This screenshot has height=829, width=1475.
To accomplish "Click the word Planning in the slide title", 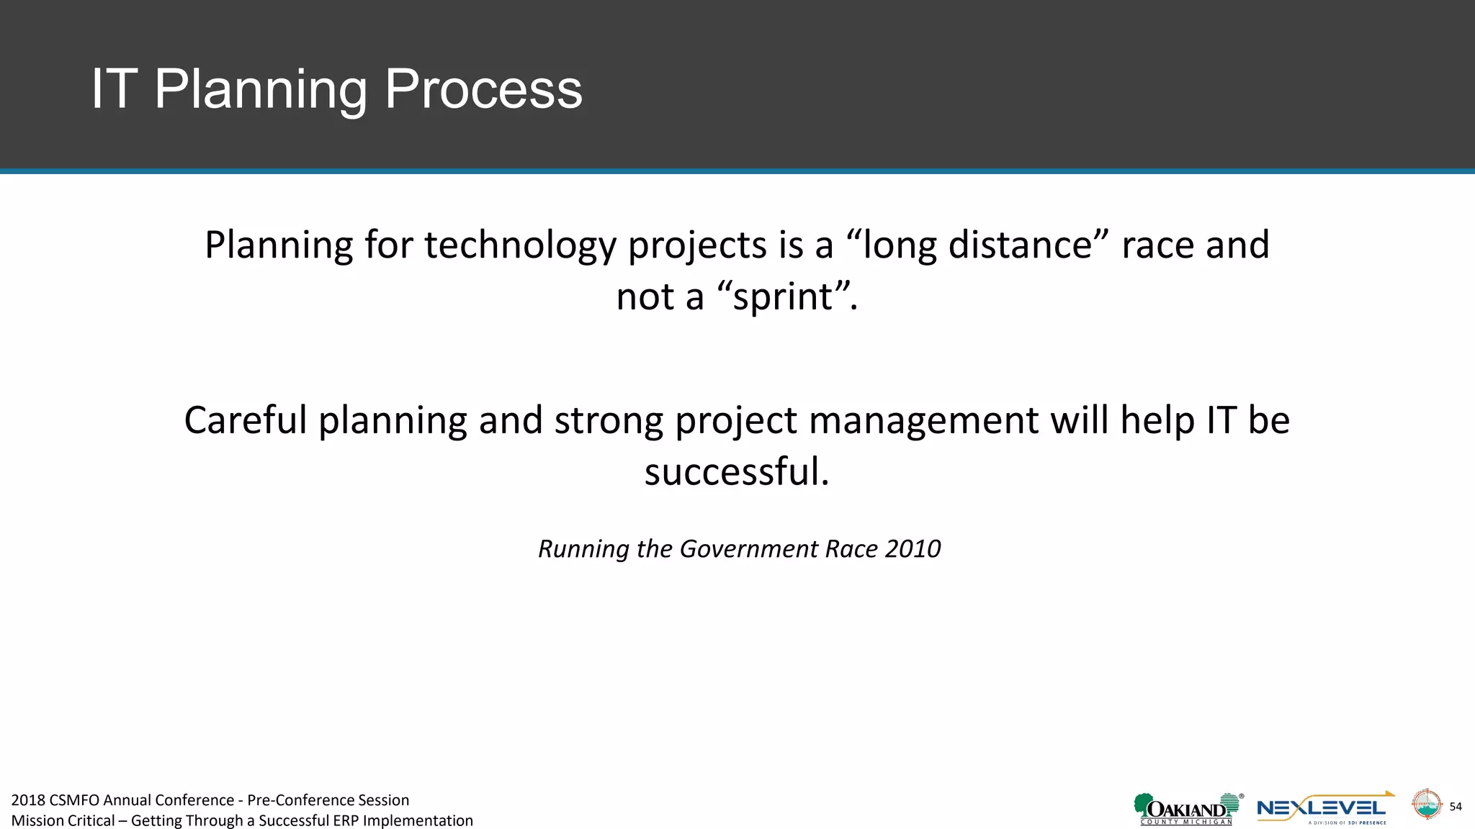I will pos(261,89).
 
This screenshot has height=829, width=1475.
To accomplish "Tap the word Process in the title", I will pos(483,89).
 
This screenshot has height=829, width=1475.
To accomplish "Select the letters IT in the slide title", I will pos(113,89).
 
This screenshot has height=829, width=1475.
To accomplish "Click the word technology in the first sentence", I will pos(520,245).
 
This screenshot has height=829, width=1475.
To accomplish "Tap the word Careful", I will pos(246,420).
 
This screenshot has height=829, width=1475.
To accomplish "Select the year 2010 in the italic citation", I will pos(913,549).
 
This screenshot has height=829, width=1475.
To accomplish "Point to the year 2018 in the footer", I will pos(28,800).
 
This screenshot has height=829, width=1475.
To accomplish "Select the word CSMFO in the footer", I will pos(75,800).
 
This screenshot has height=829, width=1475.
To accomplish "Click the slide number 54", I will pos(1456,807).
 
